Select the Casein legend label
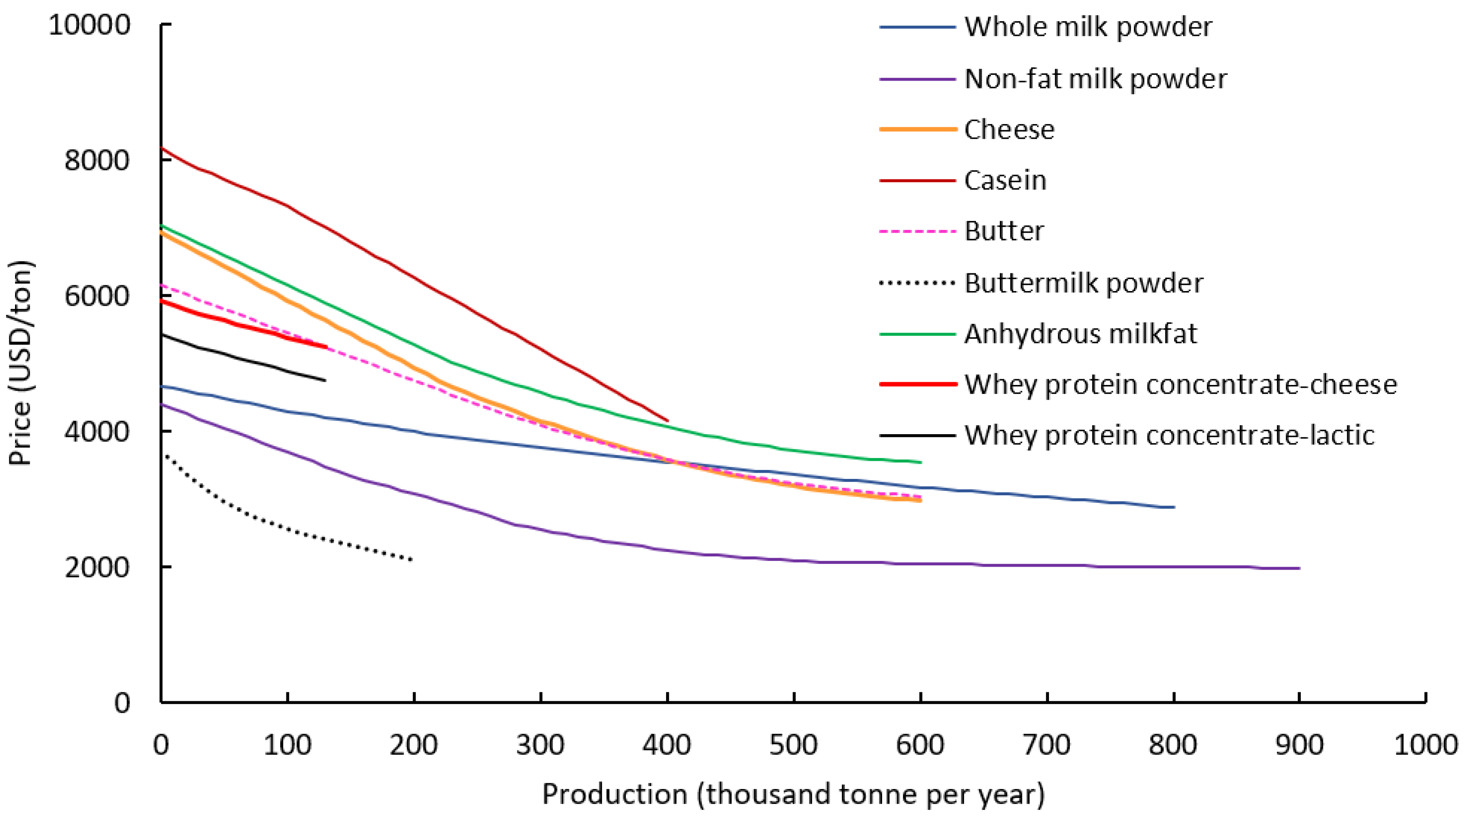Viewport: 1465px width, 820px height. point(1005,180)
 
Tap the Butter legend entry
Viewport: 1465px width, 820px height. point(1004,231)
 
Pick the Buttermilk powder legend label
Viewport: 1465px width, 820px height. point(1083,283)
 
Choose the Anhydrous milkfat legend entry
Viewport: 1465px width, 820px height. point(1080,334)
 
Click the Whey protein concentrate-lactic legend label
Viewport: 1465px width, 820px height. point(1169,435)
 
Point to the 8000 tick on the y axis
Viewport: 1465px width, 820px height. point(96,160)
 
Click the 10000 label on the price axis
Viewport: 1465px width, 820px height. point(90,25)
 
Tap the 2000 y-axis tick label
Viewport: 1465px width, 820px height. point(96,567)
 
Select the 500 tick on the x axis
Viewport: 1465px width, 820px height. point(793,745)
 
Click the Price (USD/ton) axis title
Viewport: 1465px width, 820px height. point(22,362)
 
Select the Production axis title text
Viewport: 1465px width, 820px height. point(793,794)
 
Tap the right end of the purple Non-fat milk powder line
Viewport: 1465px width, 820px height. point(1299,568)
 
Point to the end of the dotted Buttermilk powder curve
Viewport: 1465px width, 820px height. point(413,560)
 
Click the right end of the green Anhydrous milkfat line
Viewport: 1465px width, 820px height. point(920,462)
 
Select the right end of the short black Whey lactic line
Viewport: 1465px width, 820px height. point(325,380)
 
